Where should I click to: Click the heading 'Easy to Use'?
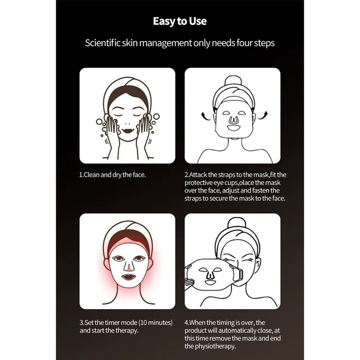tap(180, 21)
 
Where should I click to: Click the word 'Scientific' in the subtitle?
tap(103, 43)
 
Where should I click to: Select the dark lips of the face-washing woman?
tap(128, 130)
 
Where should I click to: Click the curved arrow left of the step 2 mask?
tap(206, 116)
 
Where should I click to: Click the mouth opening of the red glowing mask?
tap(128, 277)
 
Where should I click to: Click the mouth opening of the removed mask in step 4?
tap(210, 282)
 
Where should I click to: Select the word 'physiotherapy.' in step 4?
tap(215, 346)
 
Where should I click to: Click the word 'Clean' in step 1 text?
tap(92, 175)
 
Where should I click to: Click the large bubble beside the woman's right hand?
tap(156, 116)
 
